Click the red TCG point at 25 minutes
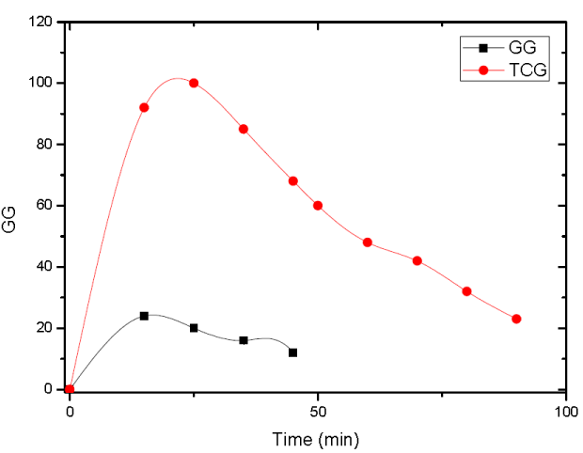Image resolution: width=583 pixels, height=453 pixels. coord(194,83)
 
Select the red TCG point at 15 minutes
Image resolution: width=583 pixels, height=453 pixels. coord(144,107)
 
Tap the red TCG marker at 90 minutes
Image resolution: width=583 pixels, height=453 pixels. coord(516,319)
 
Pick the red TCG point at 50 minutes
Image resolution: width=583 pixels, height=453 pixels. coord(318,205)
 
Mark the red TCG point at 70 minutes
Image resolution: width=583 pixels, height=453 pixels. coord(417,260)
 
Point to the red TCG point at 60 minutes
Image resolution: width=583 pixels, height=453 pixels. coord(368,242)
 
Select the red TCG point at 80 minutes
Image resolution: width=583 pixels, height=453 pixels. coord(466,291)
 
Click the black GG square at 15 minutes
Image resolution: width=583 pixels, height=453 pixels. coord(144,316)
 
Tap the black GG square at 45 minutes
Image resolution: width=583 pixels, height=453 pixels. coord(293,352)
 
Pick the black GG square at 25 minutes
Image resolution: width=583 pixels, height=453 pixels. coord(194,328)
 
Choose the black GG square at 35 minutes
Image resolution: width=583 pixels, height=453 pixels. coord(244,340)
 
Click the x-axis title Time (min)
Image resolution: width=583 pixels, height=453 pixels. coord(316,438)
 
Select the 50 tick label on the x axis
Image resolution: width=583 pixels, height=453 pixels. coord(318,413)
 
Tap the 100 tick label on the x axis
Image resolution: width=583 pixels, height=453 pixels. coord(566,413)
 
